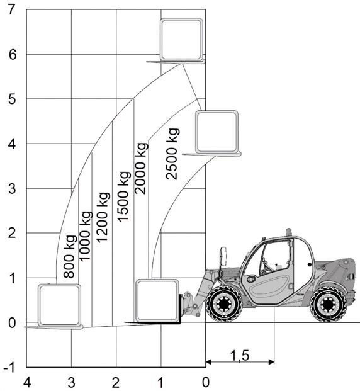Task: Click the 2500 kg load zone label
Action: [x=172, y=154]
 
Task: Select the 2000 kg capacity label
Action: [x=141, y=168]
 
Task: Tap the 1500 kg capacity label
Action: [x=123, y=196]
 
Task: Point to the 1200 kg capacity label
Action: [x=103, y=217]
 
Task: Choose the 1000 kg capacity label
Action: [x=85, y=236]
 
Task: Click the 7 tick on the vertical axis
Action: [x=12, y=10]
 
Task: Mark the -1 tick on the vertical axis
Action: [x=9, y=368]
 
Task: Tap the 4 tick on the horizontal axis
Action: [x=27, y=383]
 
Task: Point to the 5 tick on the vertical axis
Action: [x=12, y=99]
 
